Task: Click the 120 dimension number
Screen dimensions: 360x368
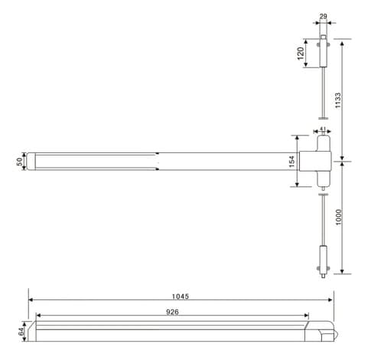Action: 301,54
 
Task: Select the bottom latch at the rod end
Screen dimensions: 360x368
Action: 324,259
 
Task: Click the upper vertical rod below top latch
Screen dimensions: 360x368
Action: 324,92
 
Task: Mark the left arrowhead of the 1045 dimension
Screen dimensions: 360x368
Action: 31,300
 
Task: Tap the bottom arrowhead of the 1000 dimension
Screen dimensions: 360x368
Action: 343,272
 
